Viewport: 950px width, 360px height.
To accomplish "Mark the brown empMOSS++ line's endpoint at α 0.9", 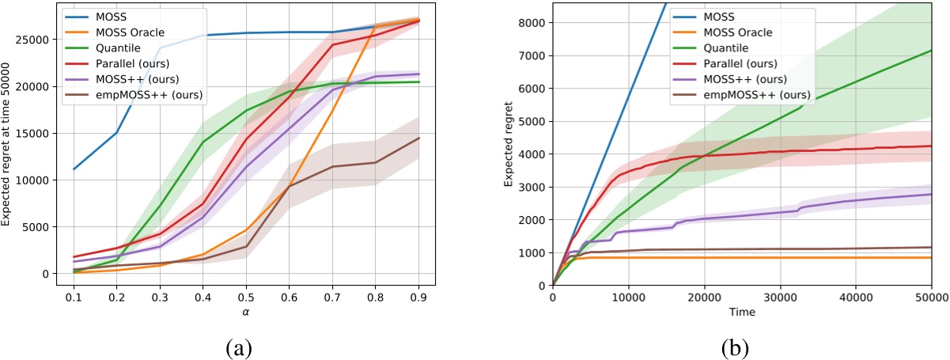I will pos(418,138).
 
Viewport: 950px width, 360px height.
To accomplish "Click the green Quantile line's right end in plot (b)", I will pos(930,51).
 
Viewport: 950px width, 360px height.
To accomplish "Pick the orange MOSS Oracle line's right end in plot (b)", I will pos(930,257).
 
